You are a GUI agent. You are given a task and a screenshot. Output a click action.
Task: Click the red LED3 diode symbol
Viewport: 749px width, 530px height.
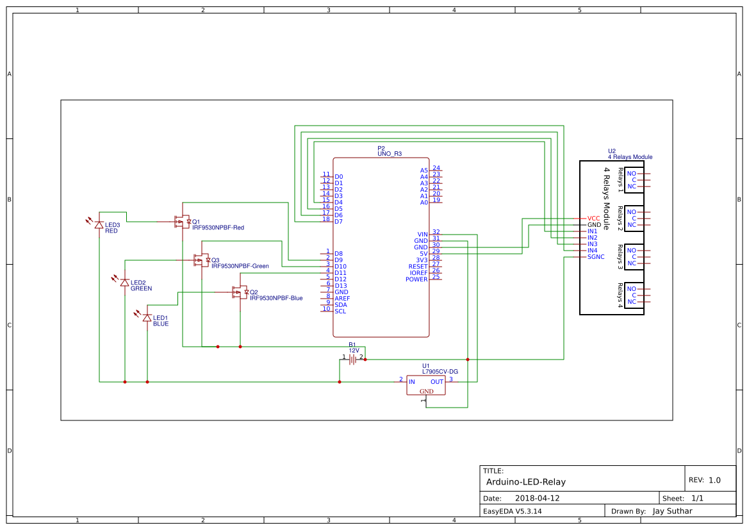[99, 224]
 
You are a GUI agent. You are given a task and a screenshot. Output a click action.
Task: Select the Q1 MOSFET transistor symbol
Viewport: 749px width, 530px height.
[183, 222]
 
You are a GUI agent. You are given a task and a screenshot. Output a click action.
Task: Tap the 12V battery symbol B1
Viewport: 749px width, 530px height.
[352, 360]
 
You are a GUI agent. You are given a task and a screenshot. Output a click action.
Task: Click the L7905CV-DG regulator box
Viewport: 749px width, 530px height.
[425, 385]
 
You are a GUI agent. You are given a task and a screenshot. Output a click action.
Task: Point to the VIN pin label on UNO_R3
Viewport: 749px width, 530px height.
[423, 235]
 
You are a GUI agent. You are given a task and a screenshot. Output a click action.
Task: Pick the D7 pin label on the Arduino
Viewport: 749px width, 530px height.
[339, 222]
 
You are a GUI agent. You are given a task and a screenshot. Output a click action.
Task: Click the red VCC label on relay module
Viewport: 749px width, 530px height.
[593, 219]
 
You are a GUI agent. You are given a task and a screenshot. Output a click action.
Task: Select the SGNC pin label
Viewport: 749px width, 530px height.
[596, 257]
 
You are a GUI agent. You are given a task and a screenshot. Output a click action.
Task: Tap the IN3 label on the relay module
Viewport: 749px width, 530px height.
[592, 244]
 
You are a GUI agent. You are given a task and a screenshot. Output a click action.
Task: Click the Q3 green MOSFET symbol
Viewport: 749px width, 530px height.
[202, 260]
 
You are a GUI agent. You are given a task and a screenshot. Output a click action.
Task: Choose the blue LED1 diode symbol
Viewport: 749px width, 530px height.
[147, 318]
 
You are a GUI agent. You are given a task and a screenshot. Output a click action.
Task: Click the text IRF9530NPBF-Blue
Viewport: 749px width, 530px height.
[276, 298]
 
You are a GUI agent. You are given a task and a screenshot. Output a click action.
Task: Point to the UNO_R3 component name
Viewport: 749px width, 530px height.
[390, 154]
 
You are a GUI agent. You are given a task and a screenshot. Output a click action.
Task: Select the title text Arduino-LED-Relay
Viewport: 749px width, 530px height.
[525, 482]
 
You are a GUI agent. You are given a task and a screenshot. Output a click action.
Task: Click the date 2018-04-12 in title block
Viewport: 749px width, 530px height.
[537, 498]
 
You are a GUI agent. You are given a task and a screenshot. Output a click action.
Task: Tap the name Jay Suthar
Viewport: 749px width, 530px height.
[672, 511]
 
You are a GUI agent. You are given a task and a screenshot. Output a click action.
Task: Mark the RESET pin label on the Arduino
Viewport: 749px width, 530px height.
[418, 267]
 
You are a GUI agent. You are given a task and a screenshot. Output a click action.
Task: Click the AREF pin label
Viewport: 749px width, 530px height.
[342, 299]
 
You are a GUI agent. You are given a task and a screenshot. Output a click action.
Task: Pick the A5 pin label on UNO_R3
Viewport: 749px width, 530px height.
[424, 170]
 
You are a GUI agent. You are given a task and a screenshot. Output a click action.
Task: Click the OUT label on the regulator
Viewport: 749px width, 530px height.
[436, 382]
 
